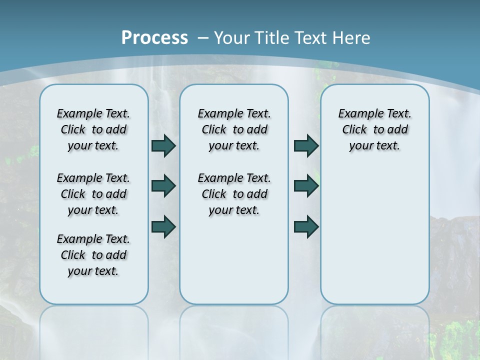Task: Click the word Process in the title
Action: pyautogui.click(x=154, y=37)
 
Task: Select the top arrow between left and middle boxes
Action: pyautogui.click(x=163, y=146)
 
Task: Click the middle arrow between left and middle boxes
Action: pyautogui.click(x=163, y=186)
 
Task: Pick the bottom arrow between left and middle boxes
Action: pyautogui.click(x=163, y=226)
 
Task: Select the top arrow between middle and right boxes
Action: pyautogui.click(x=306, y=146)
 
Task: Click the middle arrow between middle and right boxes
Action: pyautogui.click(x=306, y=186)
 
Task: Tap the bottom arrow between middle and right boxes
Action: pyautogui.click(x=306, y=226)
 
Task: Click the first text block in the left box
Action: pyautogui.click(x=93, y=129)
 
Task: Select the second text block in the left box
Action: pyautogui.click(x=93, y=194)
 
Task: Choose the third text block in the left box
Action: pyautogui.click(x=93, y=255)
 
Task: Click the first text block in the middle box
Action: pyautogui.click(x=234, y=129)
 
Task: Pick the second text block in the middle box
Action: pyautogui.click(x=234, y=194)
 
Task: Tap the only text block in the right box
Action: pyautogui.click(x=375, y=129)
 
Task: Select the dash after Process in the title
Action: pyautogui.click(x=202, y=37)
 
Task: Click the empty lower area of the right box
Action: pyautogui.click(x=375, y=235)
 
